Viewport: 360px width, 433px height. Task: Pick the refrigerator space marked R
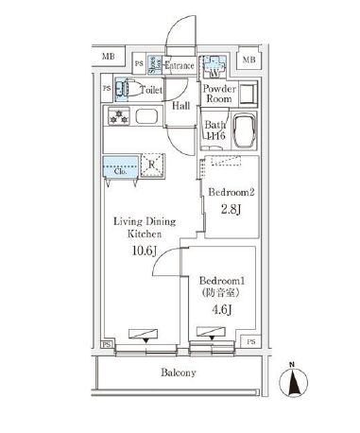pyautogui.click(x=151, y=162)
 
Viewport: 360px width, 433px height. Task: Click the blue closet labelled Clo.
pyautogui.click(x=120, y=167)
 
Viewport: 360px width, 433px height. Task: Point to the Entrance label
pyautogui.click(x=180, y=66)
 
